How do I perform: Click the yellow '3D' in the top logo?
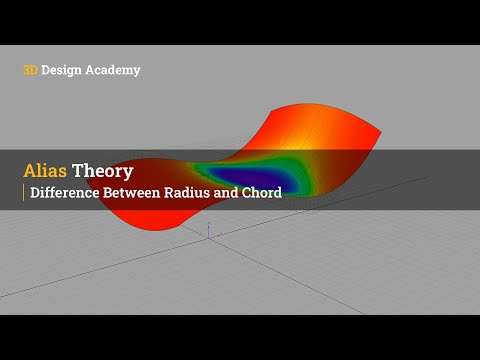[31, 70]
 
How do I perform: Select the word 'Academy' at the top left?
[114, 70]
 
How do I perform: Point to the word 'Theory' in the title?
[106, 170]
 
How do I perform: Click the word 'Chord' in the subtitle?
[262, 192]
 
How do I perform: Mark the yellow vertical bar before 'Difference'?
[24, 192]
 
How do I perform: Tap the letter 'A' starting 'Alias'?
[30, 170]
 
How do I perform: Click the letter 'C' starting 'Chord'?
[246, 192]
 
